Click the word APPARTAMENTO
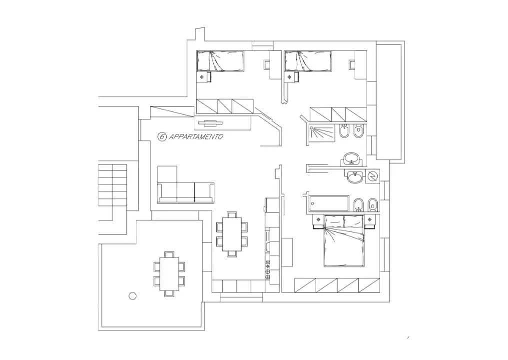[x=196, y=136]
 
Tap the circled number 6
[x=162, y=136]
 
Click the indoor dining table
[x=231, y=234]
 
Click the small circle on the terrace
[x=132, y=295]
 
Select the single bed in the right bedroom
[x=308, y=61]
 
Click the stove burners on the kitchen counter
[x=268, y=270]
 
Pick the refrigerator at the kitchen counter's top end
[x=272, y=204]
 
